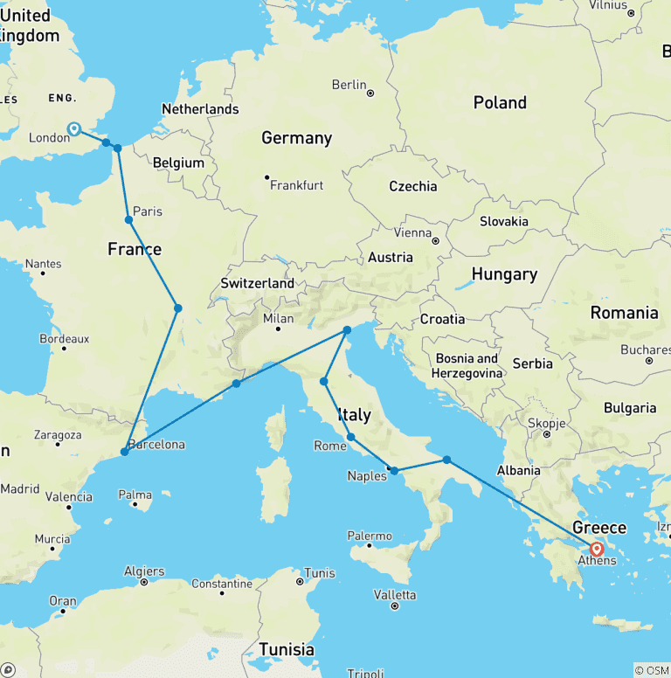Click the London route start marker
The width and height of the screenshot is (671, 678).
coord(74,128)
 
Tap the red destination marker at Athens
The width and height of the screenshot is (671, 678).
coord(597,550)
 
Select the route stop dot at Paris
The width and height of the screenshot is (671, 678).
coord(128,219)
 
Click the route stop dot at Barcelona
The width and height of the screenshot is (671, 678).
coord(124,452)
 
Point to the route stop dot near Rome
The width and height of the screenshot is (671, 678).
coord(350,437)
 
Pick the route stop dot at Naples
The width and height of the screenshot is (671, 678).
coord(394,471)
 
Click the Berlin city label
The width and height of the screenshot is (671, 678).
coord(349,85)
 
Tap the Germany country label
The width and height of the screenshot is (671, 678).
coord(296,138)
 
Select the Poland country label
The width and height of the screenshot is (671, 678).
coord(500,103)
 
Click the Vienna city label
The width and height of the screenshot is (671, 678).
coord(412,233)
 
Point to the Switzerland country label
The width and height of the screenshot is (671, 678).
coord(257,283)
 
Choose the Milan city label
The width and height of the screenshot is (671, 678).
coord(279,318)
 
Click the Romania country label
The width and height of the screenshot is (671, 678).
coord(624,313)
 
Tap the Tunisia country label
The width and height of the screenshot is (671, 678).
coord(287,649)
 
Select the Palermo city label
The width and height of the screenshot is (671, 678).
coord(370,536)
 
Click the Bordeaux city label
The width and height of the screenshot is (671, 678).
coord(64,338)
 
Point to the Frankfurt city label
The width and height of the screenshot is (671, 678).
coord(296,185)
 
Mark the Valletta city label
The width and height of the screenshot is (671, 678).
coord(394,594)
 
